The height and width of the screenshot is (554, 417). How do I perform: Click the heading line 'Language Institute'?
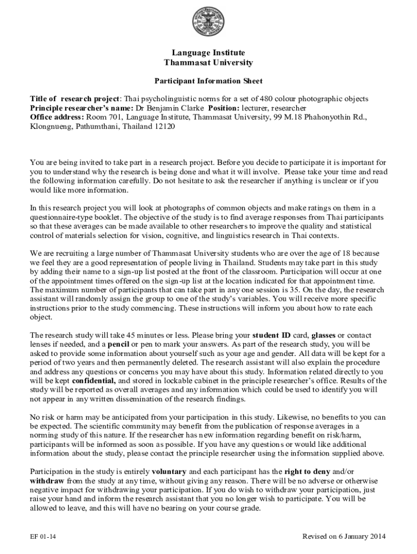point(208,52)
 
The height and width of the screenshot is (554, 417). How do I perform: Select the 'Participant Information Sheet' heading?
point(208,81)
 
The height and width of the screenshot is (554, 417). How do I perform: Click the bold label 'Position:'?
point(224,108)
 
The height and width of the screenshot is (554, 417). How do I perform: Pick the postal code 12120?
point(165,126)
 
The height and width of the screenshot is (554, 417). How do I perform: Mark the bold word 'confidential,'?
point(95,380)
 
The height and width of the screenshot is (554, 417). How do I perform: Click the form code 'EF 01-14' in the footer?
point(43,537)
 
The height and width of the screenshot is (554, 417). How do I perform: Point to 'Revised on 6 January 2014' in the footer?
point(344,537)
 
